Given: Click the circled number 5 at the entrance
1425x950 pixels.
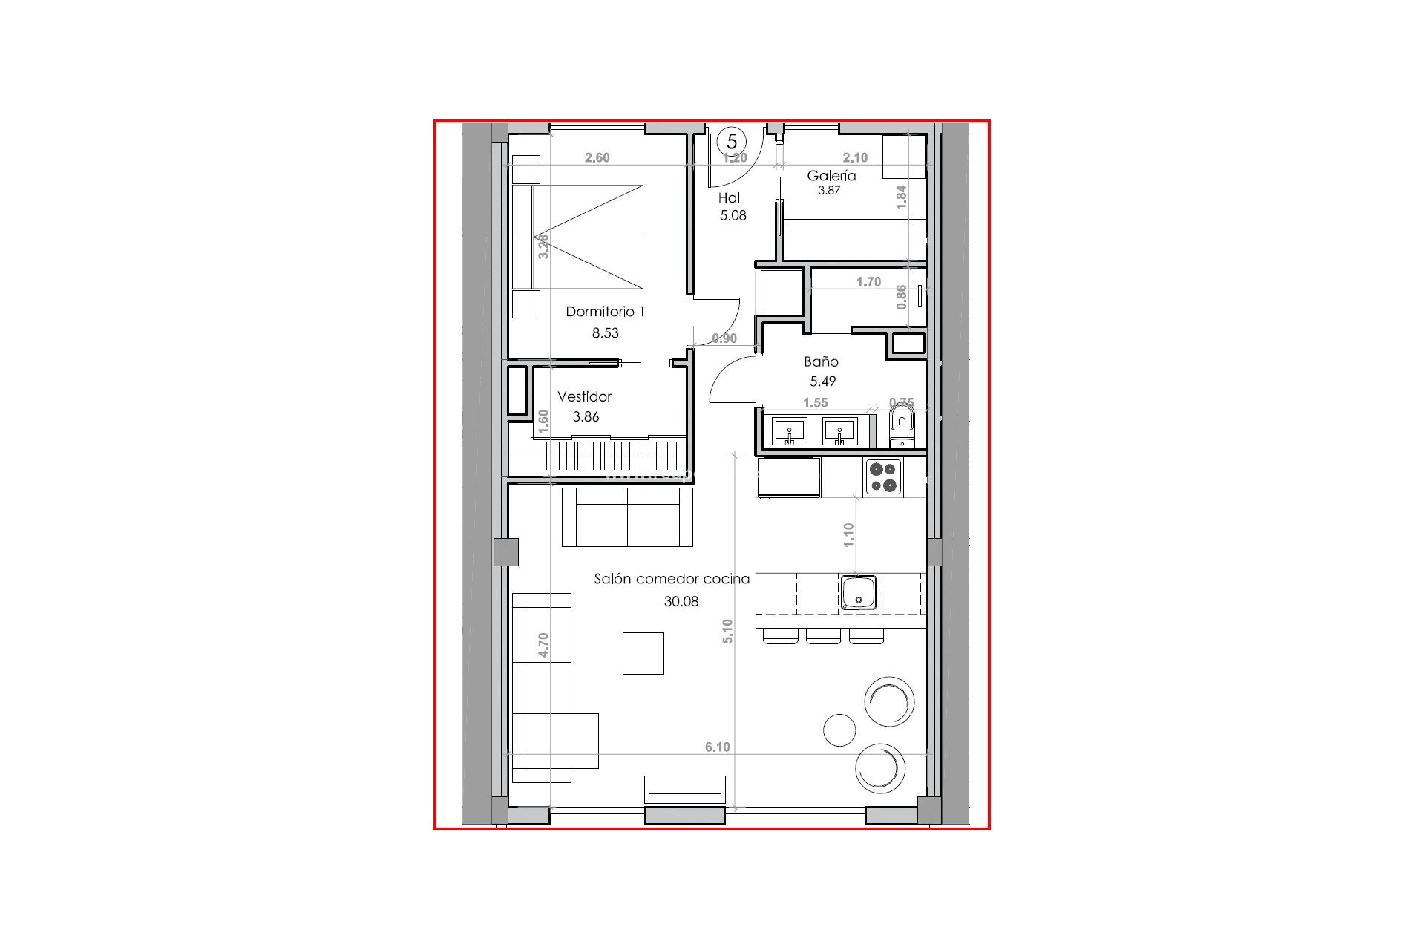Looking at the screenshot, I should [732, 140].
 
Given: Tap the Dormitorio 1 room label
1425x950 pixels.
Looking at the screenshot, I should [605, 312].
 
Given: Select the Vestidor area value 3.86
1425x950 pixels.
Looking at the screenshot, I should [586, 417].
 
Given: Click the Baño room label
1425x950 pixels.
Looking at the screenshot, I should [821, 362].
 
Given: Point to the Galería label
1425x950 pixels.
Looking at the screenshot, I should [831, 176].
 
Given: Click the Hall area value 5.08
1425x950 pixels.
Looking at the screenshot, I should [733, 216].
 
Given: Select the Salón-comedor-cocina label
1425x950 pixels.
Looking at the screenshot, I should [672, 580].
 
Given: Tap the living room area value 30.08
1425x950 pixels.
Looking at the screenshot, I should [681, 602].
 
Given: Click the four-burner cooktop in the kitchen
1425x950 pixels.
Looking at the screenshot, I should [883, 477].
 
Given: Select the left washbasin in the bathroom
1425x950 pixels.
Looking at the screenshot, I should [790, 431].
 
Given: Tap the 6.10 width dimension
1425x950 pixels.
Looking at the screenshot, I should [717, 747].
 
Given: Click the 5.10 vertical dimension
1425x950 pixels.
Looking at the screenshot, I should [727, 631].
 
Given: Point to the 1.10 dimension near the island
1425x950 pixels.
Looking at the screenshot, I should [849, 534].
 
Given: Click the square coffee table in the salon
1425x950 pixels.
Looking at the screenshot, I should [643, 653].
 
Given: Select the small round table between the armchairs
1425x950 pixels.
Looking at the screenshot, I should [839, 731].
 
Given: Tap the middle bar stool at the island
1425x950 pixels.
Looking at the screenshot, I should [823, 636].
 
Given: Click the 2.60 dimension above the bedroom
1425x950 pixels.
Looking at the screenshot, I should [597, 158].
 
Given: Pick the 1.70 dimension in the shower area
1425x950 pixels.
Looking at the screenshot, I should [868, 282].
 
